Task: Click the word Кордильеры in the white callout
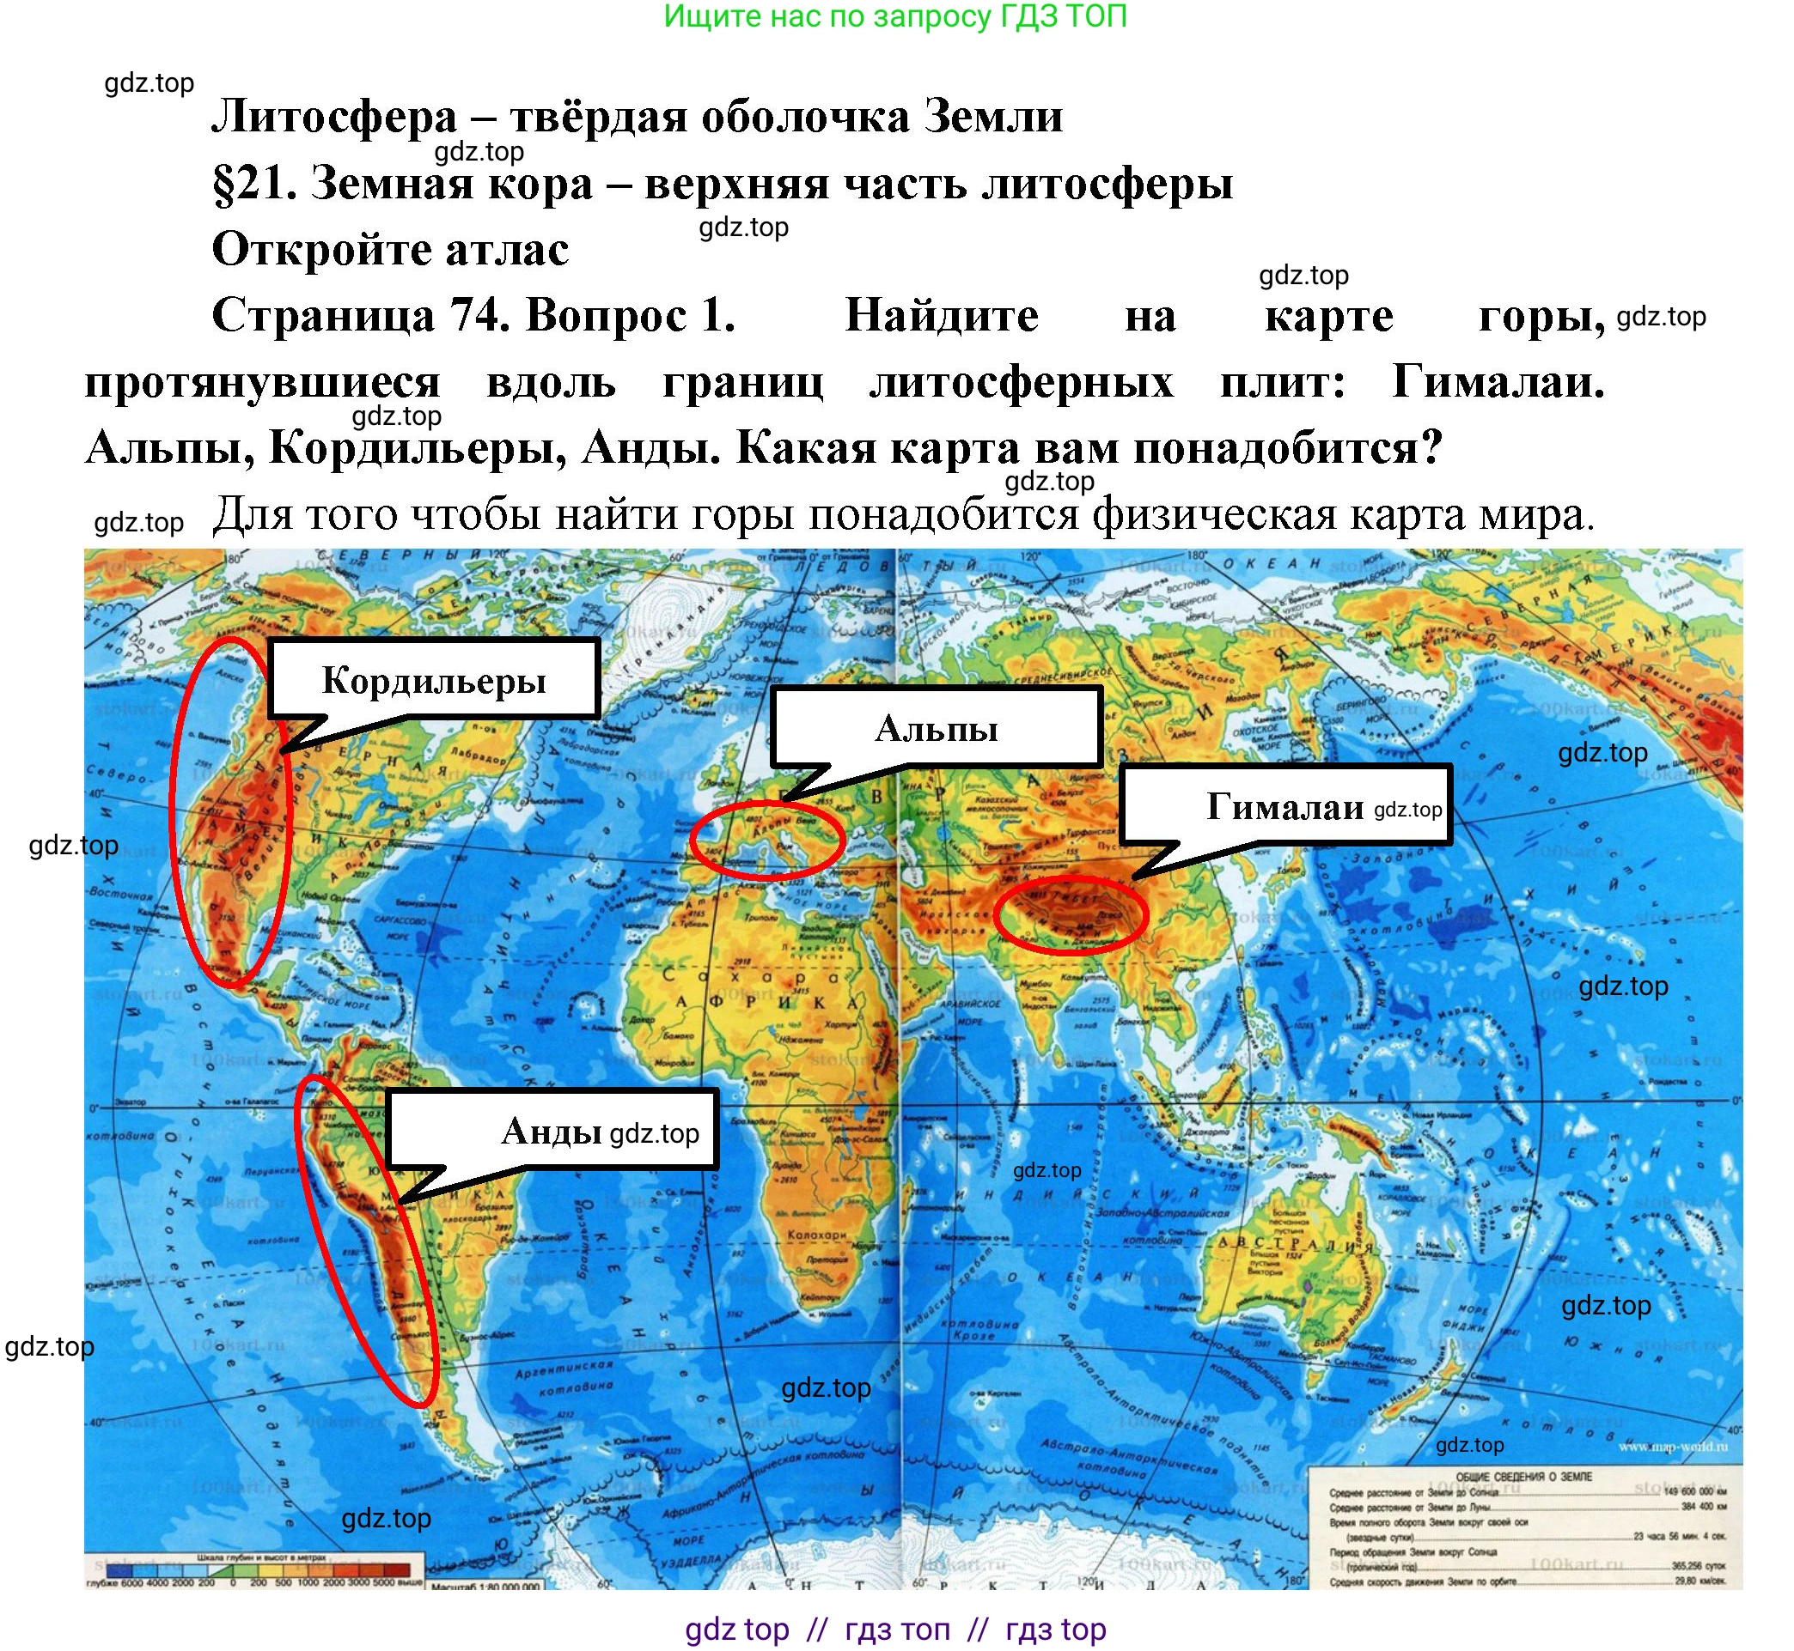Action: [434, 682]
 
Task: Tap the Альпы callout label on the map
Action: [936, 729]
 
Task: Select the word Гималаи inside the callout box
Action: [1284, 807]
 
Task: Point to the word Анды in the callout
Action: [551, 1132]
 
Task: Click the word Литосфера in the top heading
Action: [333, 117]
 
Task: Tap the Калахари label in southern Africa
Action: [817, 1234]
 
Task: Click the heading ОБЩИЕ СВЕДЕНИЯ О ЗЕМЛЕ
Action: [1523, 1477]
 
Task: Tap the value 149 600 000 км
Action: [1693, 1491]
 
